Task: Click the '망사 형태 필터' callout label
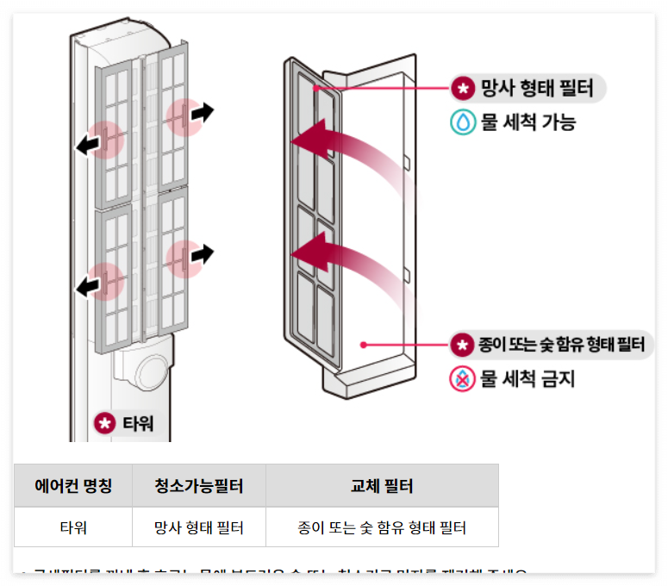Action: (x=528, y=88)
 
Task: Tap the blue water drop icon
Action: (x=463, y=122)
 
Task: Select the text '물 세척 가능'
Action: (x=528, y=122)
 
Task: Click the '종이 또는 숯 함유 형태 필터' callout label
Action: (x=552, y=346)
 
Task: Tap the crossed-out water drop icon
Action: (x=463, y=378)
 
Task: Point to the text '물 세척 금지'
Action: (x=527, y=378)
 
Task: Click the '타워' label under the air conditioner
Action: (x=129, y=423)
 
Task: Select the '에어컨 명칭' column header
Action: (x=73, y=486)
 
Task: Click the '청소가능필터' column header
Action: (x=199, y=486)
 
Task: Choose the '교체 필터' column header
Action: (x=382, y=486)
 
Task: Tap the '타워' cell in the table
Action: (x=73, y=527)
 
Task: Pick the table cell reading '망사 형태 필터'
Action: (x=199, y=527)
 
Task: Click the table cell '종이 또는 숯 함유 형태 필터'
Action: (x=382, y=527)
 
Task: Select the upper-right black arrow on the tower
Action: (x=202, y=112)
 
